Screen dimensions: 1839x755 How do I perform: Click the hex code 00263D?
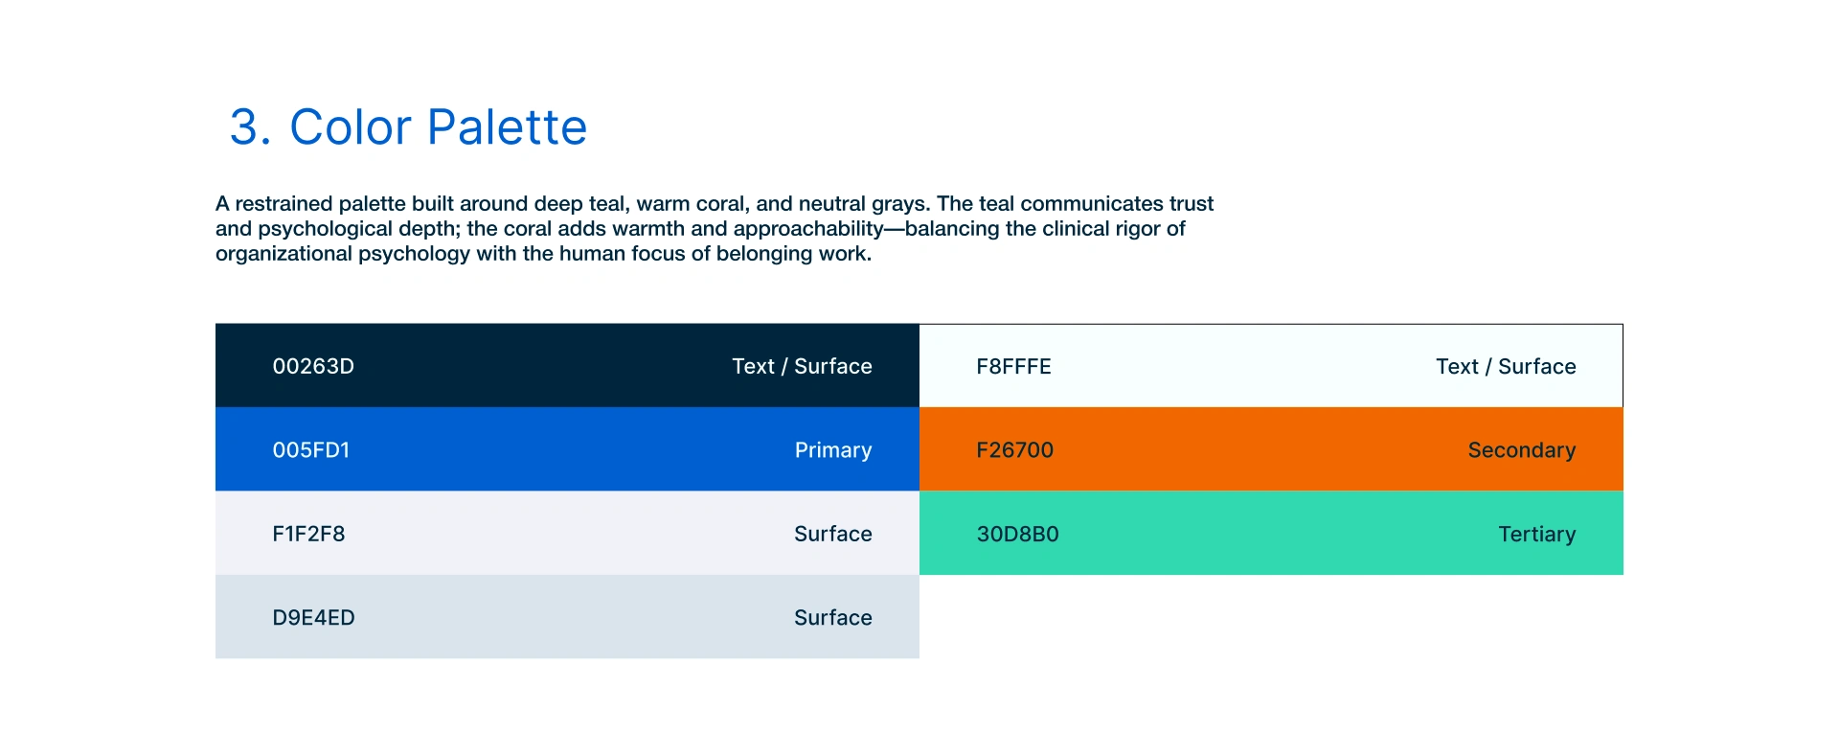(313, 366)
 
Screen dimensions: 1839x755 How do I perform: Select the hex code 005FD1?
(311, 450)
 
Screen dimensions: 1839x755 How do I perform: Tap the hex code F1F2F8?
(308, 534)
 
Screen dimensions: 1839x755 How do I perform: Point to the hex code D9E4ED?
(313, 618)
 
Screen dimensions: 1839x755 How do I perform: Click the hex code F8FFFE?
(1013, 366)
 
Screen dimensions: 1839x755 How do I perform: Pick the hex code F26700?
(1014, 450)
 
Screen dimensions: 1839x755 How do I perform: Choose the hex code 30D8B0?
(1017, 534)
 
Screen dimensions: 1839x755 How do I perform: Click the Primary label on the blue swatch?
(833, 450)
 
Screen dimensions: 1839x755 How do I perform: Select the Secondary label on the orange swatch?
(1521, 450)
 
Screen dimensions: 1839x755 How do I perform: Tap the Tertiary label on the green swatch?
(1536, 534)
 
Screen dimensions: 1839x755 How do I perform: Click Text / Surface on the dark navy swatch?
(802, 366)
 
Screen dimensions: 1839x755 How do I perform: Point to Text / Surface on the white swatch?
(1506, 366)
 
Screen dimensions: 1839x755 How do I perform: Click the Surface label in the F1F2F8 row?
(833, 534)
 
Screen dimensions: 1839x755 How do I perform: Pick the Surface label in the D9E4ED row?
(833, 618)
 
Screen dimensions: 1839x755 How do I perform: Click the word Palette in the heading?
(507, 126)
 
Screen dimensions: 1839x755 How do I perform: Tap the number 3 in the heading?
(243, 126)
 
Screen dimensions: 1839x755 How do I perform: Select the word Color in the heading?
(351, 126)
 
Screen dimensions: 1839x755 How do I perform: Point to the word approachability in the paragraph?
(808, 228)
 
